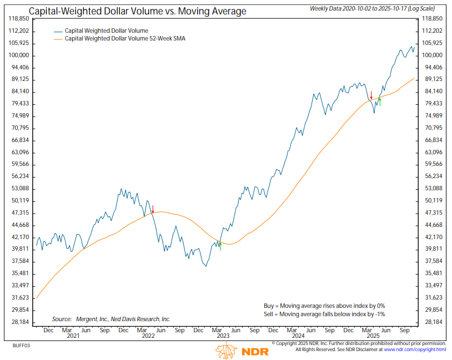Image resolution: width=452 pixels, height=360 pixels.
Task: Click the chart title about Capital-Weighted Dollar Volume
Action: point(138,11)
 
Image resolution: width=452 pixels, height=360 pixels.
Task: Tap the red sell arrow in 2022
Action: point(153,209)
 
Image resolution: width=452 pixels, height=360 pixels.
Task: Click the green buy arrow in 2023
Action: point(220,246)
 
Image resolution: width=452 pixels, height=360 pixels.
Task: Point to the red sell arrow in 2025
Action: point(371,95)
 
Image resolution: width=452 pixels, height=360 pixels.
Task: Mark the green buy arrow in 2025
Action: point(380,102)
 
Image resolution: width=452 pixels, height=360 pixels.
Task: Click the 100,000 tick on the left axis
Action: point(21,55)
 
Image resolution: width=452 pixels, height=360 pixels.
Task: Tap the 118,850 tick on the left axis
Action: point(21,19)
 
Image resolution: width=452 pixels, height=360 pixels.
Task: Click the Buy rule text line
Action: point(324,306)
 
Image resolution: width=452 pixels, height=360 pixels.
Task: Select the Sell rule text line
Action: point(324,314)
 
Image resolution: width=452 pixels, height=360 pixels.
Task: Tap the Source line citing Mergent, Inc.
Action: point(111,319)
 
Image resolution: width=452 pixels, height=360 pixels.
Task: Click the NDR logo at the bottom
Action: point(242,351)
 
